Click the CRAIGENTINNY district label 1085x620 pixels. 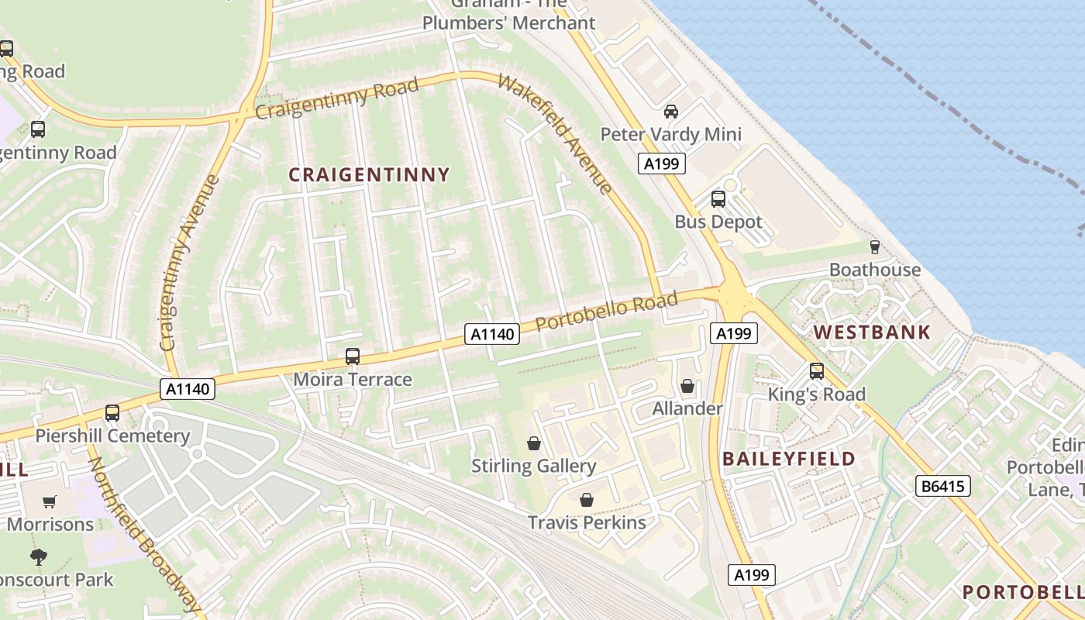tap(369, 175)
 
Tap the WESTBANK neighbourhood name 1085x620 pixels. tap(872, 333)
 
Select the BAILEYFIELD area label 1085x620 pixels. tap(789, 459)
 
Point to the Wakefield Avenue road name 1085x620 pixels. tap(555, 133)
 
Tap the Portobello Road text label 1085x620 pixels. tap(607, 310)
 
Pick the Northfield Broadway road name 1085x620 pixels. tap(144, 535)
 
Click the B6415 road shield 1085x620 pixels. tap(942, 487)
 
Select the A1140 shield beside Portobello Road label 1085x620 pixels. tap(491, 334)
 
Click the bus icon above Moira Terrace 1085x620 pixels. tap(353, 356)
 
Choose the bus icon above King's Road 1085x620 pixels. tap(816, 371)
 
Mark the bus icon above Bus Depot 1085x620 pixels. tap(718, 199)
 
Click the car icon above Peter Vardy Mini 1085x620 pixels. tap(671, 112)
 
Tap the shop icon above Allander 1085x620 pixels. tap(687, 386)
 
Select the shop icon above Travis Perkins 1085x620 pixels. tap(587, 500)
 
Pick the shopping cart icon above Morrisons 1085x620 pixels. tap(50, 501)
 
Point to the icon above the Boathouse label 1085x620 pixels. tap(875, 247)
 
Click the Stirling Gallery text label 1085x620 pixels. tap(534, 466)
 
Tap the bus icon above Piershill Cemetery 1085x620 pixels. tap(112, 413)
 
